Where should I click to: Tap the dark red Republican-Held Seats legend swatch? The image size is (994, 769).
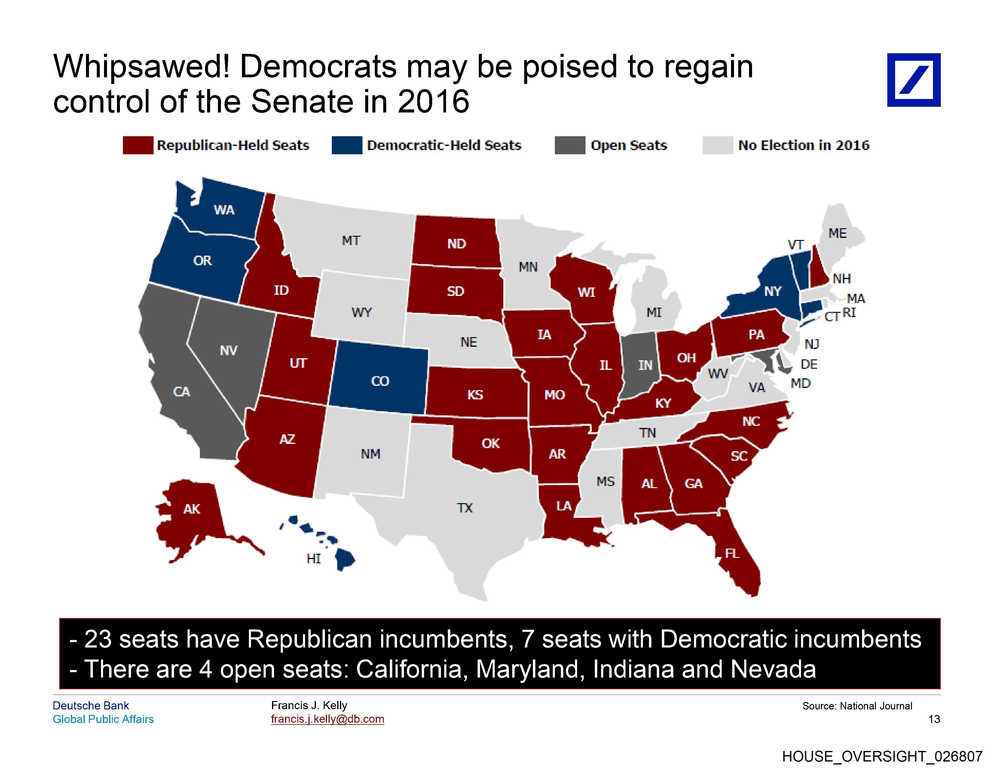138,145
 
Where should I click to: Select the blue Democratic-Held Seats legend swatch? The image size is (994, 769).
347,145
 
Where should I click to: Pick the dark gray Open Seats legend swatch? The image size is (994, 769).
570,145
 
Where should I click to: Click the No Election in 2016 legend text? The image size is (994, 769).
803,145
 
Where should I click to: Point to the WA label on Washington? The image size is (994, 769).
224,210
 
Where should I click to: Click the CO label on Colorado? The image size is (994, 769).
380,381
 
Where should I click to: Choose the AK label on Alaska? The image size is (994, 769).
191,509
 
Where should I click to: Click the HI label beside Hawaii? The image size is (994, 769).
313,559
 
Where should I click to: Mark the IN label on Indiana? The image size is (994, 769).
645,365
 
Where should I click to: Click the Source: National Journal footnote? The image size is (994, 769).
857,706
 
